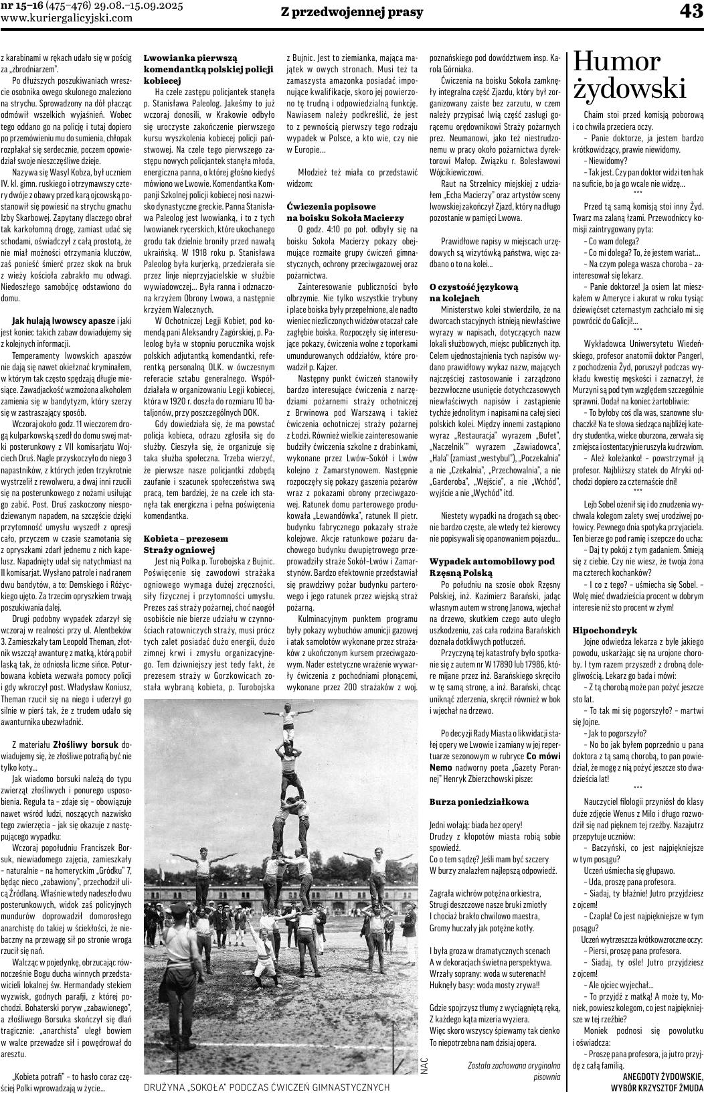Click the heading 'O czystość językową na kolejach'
pyautogui.click(x=474, y=292)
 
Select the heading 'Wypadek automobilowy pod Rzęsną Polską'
pyautogui.click(x=492, y=566)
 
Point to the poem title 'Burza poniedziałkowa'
pyautogui.click(x=478, y=801)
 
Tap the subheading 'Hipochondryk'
pyautogui.click(x=604, y=630)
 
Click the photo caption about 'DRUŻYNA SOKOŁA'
pyautogui.click(x=267, y=1087)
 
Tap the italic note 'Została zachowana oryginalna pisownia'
pyautogui.click(x=514, y=1069)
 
